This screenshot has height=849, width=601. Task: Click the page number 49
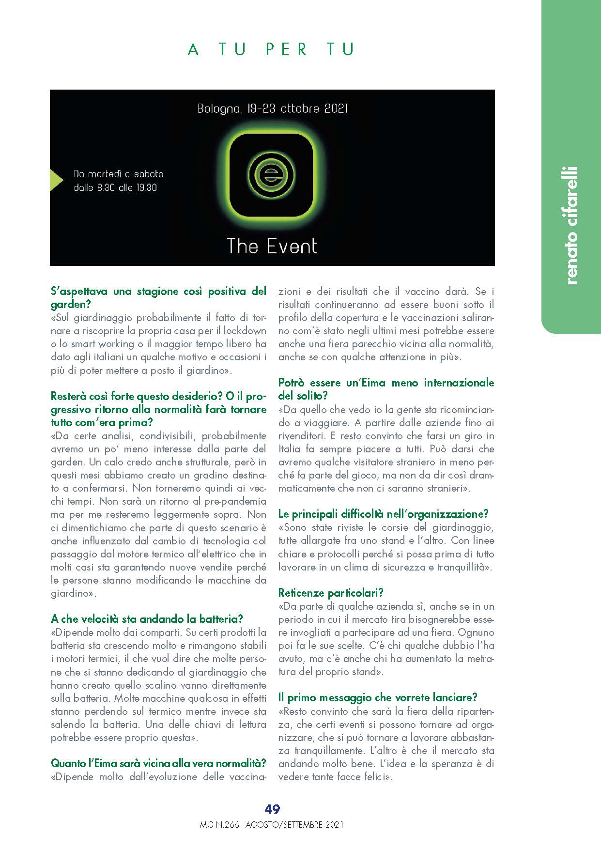tap(272, 809)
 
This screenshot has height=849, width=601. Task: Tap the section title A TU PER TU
tap(271, 49)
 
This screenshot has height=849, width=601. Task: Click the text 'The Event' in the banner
tap(272, 247)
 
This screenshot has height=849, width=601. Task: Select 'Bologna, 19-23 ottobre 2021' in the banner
tap(272, 108)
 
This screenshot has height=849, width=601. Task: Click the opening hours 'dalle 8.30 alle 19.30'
tap(115, 187)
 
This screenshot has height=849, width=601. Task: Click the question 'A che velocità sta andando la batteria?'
tap(147, 619)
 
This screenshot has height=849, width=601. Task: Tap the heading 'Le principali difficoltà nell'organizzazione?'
tap(383, 514)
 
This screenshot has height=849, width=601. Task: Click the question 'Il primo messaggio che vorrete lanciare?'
tap(378, 698)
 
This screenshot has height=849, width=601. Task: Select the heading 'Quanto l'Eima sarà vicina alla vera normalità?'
tap(158, 764)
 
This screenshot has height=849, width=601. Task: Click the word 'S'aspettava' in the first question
tap(79, 292)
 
